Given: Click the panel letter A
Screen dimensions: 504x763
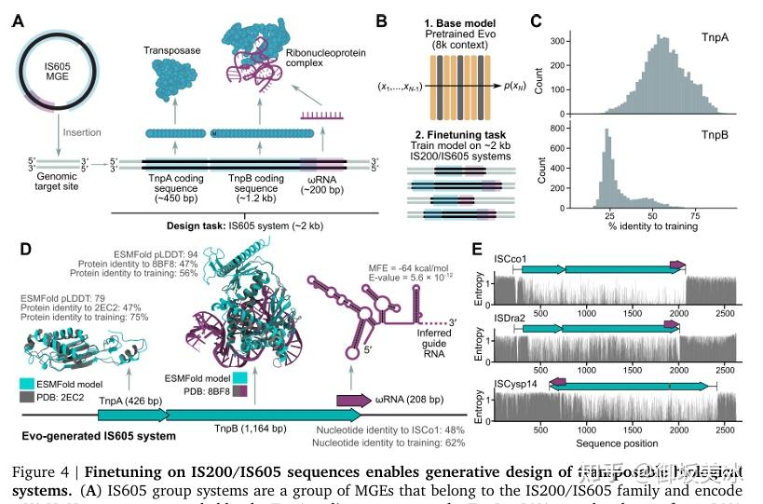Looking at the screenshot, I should pyautogui.click(x=18, y=20).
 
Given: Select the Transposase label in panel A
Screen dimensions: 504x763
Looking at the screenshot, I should pyautogui.click(x=173, y=48).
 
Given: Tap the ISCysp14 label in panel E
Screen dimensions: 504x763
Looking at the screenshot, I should pyautogui.click(x=517, y=376).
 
